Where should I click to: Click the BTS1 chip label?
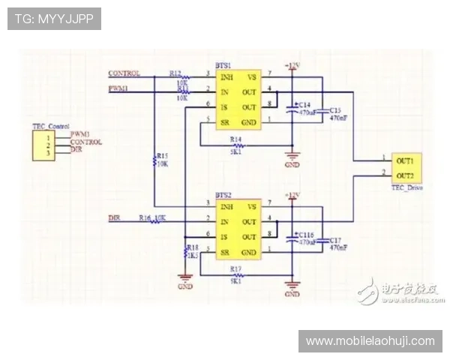coord(223,66)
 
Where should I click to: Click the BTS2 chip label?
coord(223,195)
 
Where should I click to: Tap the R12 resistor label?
coord(175,73)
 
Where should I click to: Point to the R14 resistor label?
coord(235,139)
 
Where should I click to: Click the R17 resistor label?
coord(235,268)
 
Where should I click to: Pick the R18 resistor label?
coord(193,247)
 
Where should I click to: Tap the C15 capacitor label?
coord(335,110)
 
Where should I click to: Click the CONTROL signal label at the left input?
coord(124,73)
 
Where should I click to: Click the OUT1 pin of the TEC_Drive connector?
coord(406,160)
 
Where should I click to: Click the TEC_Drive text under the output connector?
coord(407,188)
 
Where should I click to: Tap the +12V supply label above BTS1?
coord(292,66)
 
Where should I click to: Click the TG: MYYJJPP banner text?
coord(53,18)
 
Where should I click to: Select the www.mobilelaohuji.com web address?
coord(370,341)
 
